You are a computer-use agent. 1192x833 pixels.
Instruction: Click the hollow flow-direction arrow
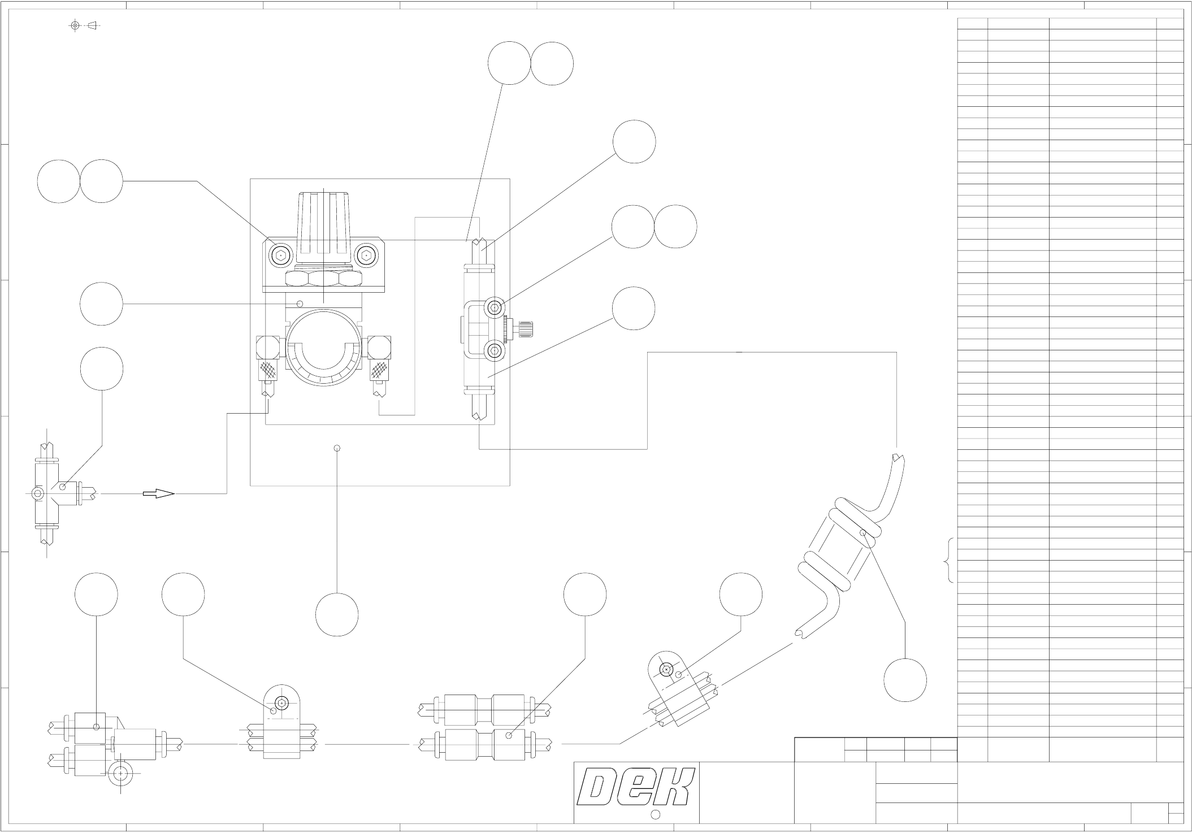(158, 494)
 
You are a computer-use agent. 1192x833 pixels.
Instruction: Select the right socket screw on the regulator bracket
(366, 255)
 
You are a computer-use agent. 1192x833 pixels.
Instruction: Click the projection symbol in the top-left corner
(83, 25)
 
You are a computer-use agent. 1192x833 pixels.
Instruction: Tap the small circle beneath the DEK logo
(656, 814)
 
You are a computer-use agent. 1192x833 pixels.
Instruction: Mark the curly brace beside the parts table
(950, 559)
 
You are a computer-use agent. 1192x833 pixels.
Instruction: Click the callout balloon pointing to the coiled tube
(905, 680)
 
